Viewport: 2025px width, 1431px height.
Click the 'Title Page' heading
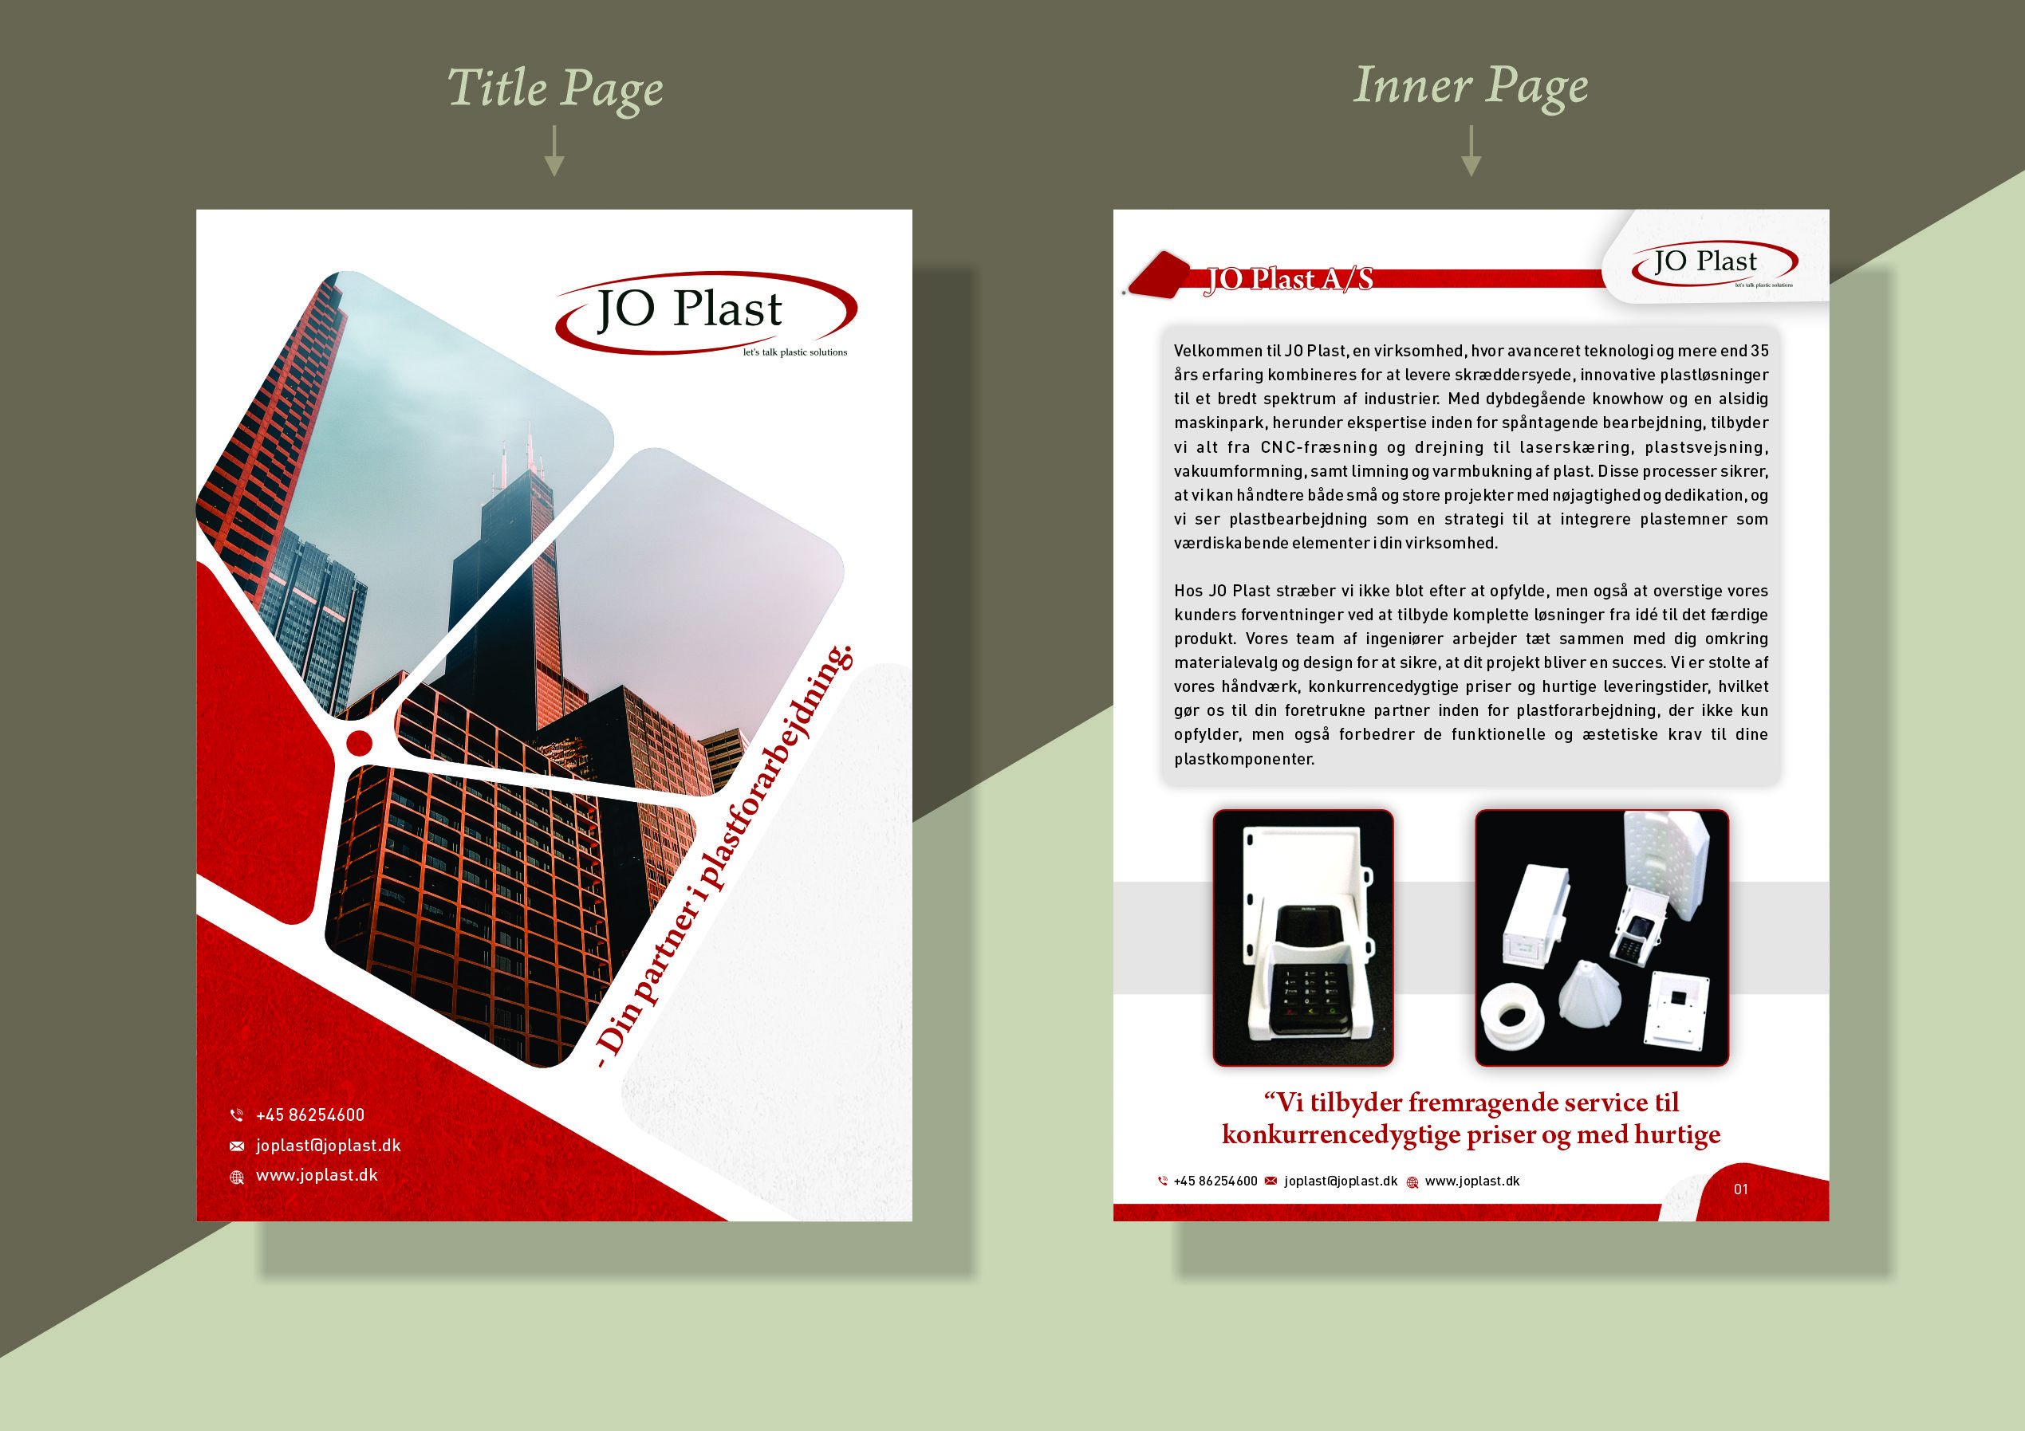pos(555,88)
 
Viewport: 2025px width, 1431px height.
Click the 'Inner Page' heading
pos(1470,86)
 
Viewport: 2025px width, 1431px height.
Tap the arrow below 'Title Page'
pos(554,151)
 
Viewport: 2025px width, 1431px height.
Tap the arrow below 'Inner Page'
pos(1470,151)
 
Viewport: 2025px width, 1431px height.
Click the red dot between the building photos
pos(359,742)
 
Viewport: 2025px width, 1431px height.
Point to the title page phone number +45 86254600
pos(309,1115)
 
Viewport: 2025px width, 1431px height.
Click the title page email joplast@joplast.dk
pos(328,1146)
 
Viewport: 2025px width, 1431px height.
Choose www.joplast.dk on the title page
pos(317,1175)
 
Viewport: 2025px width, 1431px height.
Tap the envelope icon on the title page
pos(236,1146)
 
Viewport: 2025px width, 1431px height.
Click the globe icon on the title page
pos(236,1177)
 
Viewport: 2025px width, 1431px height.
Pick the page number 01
pos(1740,1189)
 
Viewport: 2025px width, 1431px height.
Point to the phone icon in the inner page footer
pos(1162,1181)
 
